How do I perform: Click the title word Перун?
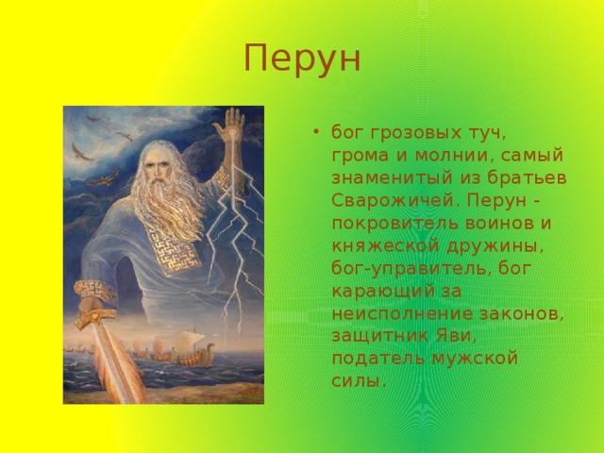[302, 59]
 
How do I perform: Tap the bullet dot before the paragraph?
[316, 132]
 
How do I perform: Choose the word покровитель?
[394, 224]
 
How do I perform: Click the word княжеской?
[385, 246]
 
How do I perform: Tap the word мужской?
[475, 359]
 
